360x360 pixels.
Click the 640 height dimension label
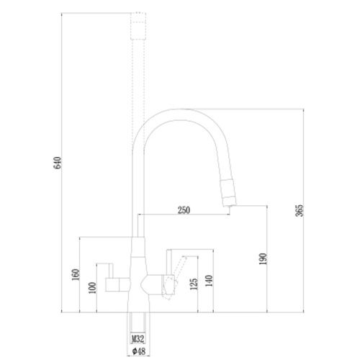click(58, 163)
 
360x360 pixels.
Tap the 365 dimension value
click(300, 210)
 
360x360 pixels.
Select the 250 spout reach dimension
click(184, 210)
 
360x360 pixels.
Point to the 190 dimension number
click(263, 259)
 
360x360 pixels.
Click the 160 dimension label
click(76, 275)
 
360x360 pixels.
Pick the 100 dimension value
click(92, 288)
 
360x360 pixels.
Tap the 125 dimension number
click(194, 284)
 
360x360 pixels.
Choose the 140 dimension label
click(209, 281)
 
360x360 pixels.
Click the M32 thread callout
click(138, 339)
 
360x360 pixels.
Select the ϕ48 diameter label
click(139, 351)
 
